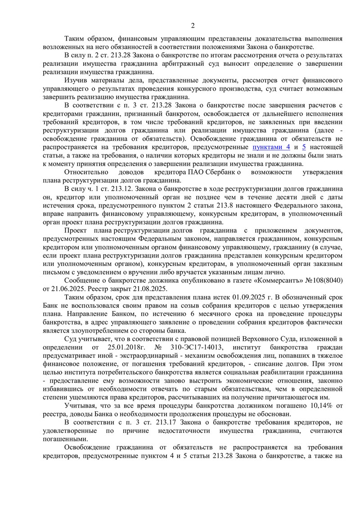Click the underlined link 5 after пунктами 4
click(304, 147)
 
